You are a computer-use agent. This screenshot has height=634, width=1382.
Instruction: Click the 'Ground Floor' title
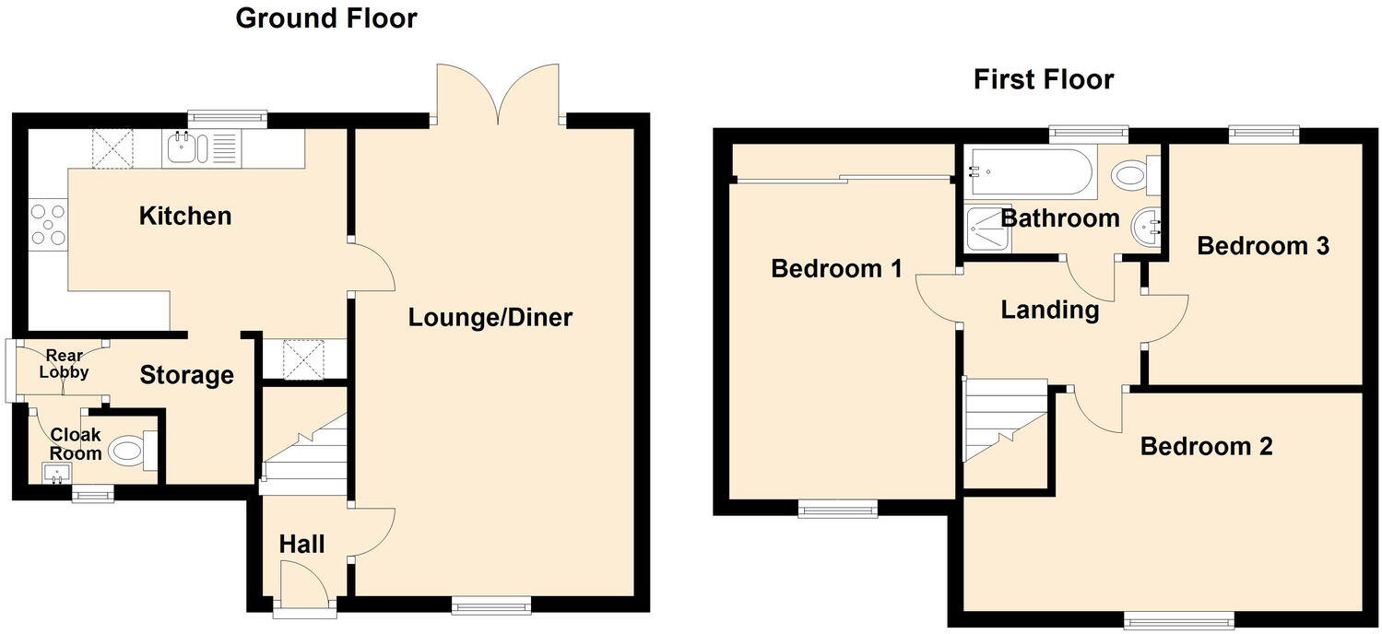[x=326, y=18]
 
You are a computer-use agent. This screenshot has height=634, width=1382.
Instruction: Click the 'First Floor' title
[x=1044, y=80]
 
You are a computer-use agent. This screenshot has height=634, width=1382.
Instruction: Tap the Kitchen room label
[x=185, y=217]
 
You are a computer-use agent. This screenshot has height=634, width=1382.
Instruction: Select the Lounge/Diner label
[x=490, y=318]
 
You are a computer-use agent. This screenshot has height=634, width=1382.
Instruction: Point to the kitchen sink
[x=200, y=147]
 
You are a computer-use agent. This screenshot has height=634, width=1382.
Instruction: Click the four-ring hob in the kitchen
[x=48, y=224]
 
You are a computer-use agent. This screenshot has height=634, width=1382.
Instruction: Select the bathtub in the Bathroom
[x=1029, y=172]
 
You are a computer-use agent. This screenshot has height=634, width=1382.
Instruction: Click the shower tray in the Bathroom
[x=987, y=228]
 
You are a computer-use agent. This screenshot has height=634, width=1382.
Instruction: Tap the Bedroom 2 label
[x=1206, y=447]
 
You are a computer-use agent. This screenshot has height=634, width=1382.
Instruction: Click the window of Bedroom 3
[x=1263, y=135]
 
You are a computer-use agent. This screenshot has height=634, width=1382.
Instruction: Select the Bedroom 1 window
[x=838, y=509]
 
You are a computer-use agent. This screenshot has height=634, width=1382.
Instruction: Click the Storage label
[x=186, y=375]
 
